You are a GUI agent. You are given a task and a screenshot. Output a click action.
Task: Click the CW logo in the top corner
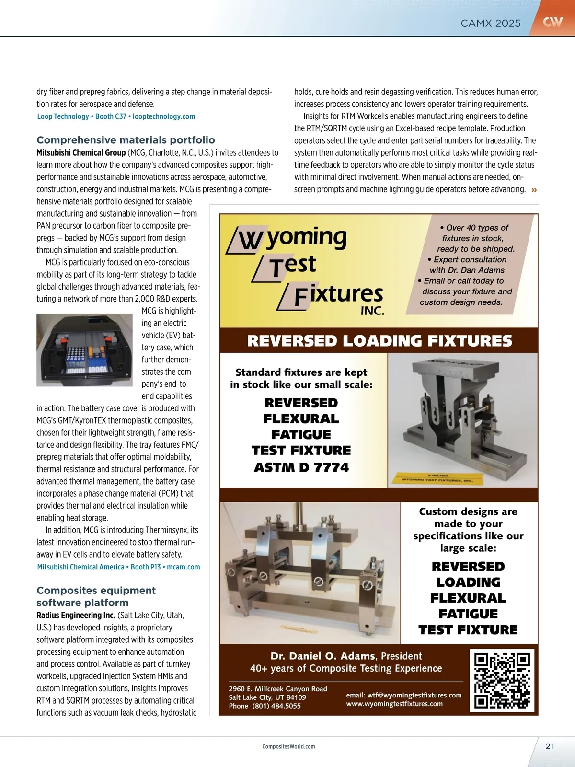point(552,22)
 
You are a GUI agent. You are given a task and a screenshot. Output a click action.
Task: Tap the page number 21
point(550,746)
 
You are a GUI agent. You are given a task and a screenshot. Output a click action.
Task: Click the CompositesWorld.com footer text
point(288,746)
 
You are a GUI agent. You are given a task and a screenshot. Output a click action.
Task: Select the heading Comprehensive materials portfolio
point(126,140)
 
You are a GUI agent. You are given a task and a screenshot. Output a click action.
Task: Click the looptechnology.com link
point(164,116)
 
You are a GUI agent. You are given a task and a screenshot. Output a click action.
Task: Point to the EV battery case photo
point(84,350)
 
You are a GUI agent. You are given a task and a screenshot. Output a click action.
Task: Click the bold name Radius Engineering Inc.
point(76,615)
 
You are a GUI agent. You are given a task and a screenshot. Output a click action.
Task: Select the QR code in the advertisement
point(502,680)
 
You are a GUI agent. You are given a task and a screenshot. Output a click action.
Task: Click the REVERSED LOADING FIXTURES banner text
point(379,341)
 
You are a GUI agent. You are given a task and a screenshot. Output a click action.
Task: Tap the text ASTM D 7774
point(301,467)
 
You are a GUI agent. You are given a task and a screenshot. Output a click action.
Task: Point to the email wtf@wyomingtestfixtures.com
point(404,695)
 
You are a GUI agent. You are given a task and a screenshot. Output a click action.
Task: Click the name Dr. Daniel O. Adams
point(323,656)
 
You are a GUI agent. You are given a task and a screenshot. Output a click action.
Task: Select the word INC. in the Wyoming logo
point(372,311)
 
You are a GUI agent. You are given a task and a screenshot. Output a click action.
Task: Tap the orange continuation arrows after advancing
point(534,190)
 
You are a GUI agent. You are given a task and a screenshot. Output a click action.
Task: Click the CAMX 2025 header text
point(490,23)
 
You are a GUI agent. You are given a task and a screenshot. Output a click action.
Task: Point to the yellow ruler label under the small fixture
point(437,478)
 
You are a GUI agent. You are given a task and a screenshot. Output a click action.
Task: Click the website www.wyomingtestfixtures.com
point(394,704)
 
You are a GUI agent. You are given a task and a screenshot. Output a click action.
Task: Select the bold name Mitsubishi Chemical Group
point(81,152)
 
